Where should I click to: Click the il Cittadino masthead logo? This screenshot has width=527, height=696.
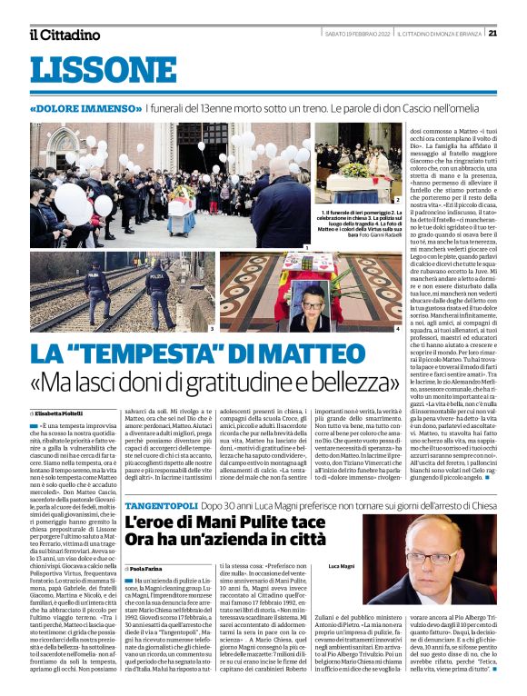tap(65, 35)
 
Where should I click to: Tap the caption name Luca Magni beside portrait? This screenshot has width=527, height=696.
tap(342, 566)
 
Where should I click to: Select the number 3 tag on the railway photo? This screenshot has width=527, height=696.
tap(211, 329)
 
